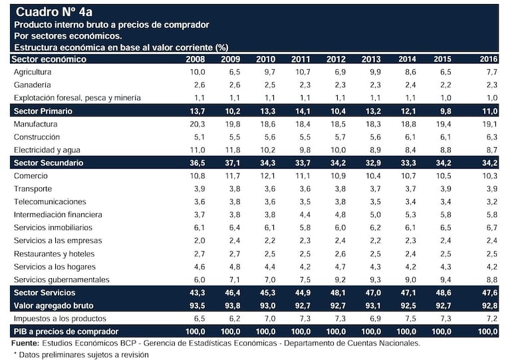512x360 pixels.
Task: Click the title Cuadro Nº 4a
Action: click(x=59, y=12)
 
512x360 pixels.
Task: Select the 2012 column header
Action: click(x=335, y=59)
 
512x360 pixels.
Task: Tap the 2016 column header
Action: click(x=488, y=59)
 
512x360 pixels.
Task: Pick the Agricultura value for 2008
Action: click(x=197, y=72)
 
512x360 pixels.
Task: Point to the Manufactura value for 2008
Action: click(x=197, y=124)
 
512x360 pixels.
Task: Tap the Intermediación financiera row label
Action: click(x=58, y=214)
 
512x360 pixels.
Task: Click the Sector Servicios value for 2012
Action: click(x=335, y=293)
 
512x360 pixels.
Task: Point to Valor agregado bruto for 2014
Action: click(x=406, y=305)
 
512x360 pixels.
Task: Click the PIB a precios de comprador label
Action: click(x=65, y=331)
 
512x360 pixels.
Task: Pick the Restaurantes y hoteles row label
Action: click(x=55, y=254)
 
